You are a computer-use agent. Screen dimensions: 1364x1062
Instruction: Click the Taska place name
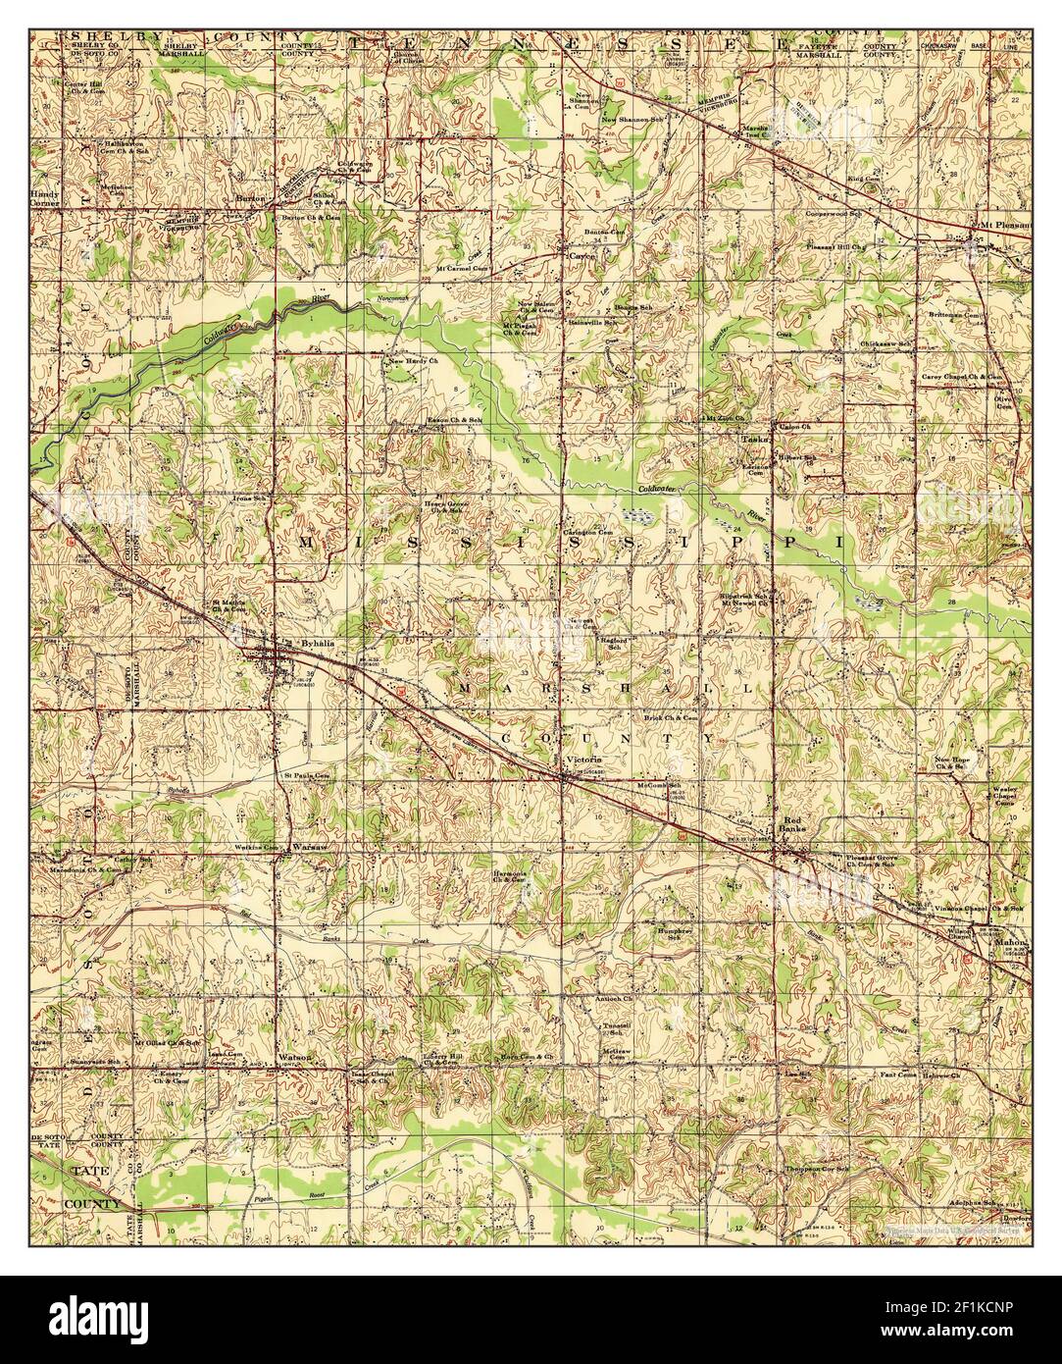(x=752, y=439)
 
